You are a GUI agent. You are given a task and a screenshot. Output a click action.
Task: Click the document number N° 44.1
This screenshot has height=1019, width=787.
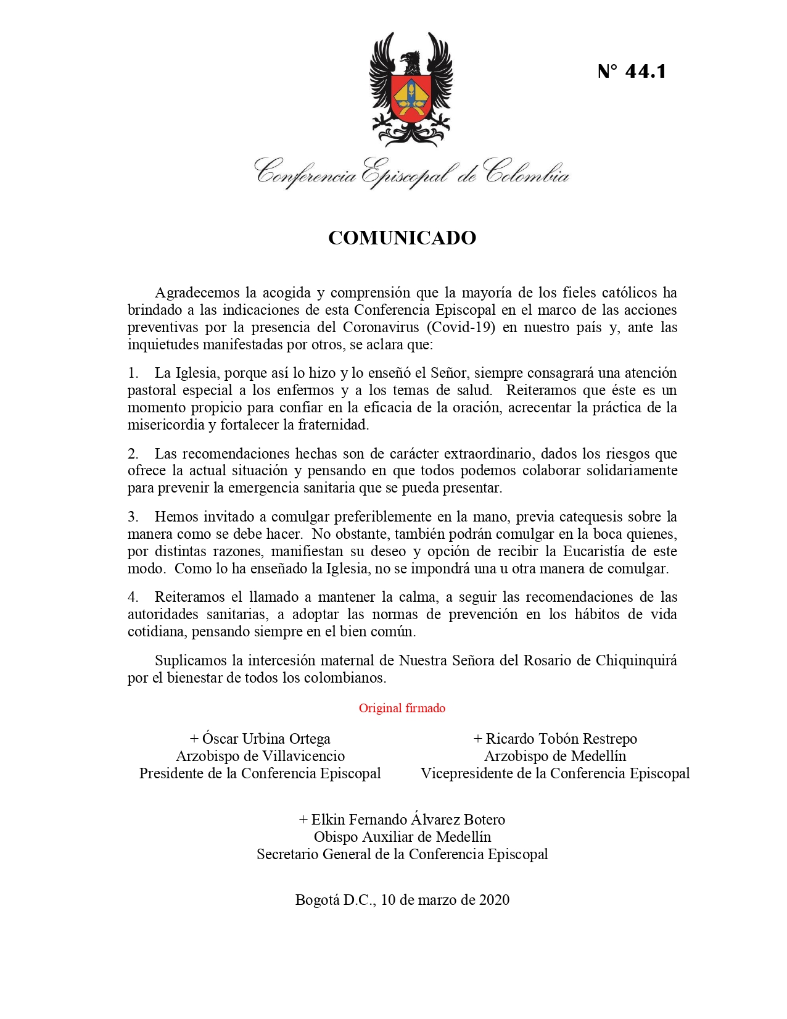tap(632, 72)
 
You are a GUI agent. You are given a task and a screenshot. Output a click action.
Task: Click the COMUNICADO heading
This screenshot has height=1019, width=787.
tap(402, 238)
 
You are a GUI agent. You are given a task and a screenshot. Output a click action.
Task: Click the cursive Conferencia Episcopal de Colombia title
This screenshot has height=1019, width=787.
tap(411, 173)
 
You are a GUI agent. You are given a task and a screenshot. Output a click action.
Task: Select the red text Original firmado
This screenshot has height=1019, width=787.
tap(402, 709)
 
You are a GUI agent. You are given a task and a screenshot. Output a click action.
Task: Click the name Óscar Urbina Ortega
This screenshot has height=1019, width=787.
tap(266, 739)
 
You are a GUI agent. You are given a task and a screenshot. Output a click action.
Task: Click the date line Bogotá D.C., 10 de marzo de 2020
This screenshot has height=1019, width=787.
tap(402, 900)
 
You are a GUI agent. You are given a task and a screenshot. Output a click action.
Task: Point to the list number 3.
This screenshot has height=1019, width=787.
tap(133, 517)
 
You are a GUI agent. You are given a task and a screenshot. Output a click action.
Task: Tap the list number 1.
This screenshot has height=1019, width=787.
tap(133, 373)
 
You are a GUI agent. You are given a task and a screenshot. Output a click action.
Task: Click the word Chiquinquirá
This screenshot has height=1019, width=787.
tap(636, 660)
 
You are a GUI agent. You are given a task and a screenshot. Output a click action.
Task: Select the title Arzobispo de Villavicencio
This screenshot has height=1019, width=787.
tap(260, 756)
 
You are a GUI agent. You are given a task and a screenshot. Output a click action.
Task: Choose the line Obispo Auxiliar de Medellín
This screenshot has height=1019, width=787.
tap(402, 837)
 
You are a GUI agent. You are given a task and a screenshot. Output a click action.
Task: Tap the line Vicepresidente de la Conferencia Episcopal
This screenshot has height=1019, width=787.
tap(555, 773)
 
